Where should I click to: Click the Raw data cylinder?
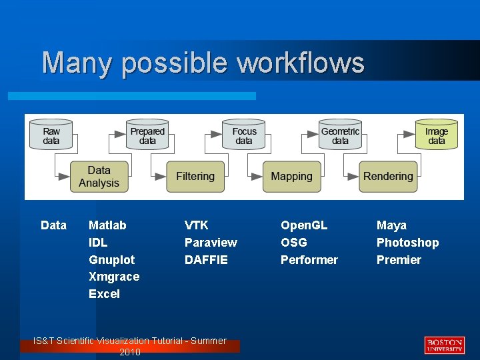(x=51, y=135)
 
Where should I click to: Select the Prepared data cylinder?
(x=147, y=135)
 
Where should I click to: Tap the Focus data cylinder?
(x=244, y=135)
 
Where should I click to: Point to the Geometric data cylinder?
(x=340, y=135)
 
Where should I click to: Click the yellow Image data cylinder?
(x=437, y=135)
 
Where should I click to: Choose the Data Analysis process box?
(x=99, y=177)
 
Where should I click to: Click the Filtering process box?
(x=195, y=177)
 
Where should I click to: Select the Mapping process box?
(x=291, y=177)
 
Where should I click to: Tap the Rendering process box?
(x=388, y=177)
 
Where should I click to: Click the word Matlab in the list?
(x=107, y=225)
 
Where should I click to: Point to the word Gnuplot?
(x=111, y=259)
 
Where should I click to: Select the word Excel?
(x=104, y=294)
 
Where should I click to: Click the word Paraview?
(x=211, y=243)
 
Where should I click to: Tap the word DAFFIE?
(x=206, y=259)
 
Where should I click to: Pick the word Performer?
(x=309, y=259)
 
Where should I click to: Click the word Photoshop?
(x=407, y=243)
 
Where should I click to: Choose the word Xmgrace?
(x=114, y=277)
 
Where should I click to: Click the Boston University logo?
(x=444, y=345)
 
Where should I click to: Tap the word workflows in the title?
(x=301, y=63)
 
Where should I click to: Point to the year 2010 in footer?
(x=130, y=352)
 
